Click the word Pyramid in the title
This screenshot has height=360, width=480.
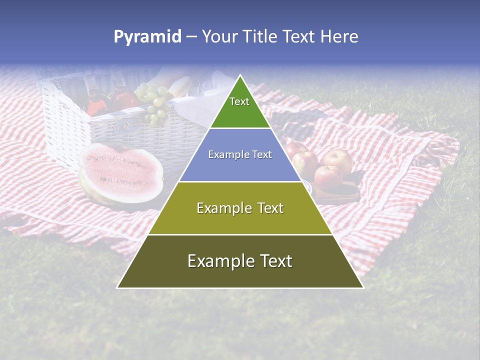(x=147, y=36)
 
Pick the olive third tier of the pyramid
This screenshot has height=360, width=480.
(x=240, y=220)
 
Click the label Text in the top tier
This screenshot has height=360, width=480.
(x=239, y=101)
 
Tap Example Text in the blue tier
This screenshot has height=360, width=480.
(x=240, y=154)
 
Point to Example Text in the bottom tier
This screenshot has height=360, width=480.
(x=240, y=261)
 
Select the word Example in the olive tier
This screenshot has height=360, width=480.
(x=219, y=208)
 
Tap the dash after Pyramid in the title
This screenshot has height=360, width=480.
(x=191, y=37)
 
